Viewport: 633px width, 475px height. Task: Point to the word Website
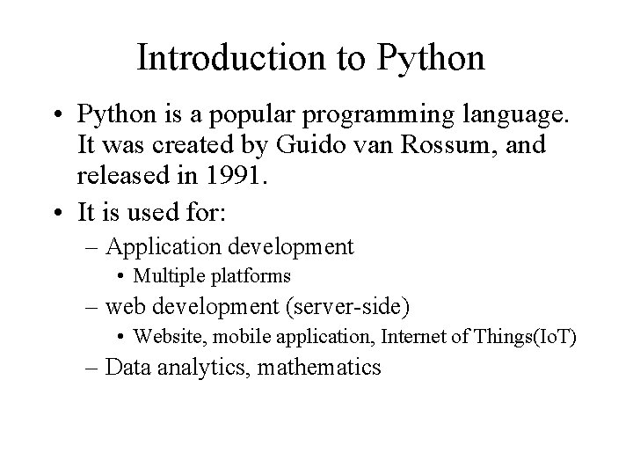click(165, 337)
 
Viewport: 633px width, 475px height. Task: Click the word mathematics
click(321, 367)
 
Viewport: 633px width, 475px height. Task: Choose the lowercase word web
click(122, 307)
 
